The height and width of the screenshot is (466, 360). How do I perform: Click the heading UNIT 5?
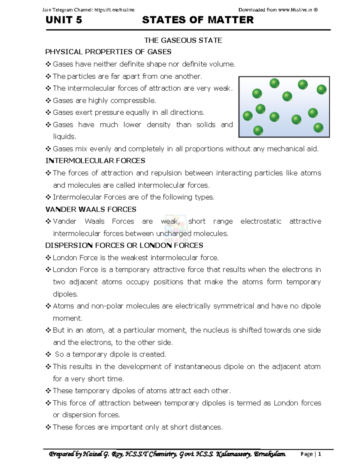point(64,20)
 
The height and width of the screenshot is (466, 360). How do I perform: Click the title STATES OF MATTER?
point(198,20)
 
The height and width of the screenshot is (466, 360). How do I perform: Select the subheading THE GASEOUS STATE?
point(183,41)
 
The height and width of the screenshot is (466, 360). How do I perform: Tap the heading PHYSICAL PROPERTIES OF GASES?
point(108,52)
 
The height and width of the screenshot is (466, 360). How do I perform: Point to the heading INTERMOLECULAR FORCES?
point(95,161)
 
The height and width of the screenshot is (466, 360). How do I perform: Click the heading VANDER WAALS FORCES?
point(91,209)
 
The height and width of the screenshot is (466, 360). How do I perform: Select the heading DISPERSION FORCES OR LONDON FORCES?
point(124,245)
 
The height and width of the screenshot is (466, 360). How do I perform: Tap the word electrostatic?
point(261,221)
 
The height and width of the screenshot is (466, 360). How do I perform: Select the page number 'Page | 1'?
point(311,454)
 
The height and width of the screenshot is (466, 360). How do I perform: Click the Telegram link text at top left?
point(114,10)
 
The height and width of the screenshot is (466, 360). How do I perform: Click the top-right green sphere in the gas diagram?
point(321,89)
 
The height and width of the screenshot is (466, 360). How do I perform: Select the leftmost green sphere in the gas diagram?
point(247,116)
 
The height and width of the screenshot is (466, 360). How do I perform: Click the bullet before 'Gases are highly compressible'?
point(48,101)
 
